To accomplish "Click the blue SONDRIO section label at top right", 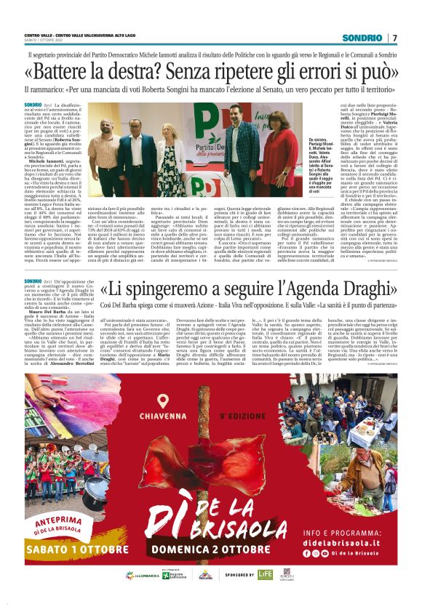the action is click(x=362, y=37).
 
